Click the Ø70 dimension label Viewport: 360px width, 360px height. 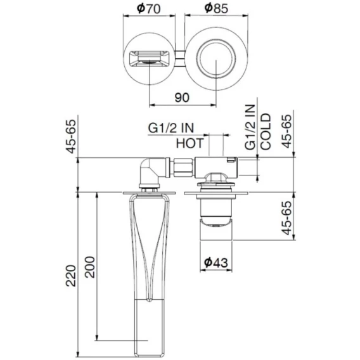(148, 9)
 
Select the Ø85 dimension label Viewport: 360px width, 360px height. (216, 9)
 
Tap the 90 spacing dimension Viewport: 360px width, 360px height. (182, 98)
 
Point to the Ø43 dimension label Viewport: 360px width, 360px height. (216, 262)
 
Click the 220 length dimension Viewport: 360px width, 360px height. (71, 276)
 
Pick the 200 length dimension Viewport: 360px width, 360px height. (89, 267)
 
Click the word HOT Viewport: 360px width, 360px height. (190, 143)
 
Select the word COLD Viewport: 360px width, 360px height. (266, 132)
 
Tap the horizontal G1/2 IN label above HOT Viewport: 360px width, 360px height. (171, 128)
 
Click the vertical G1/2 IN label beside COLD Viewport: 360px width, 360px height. (250, 127)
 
